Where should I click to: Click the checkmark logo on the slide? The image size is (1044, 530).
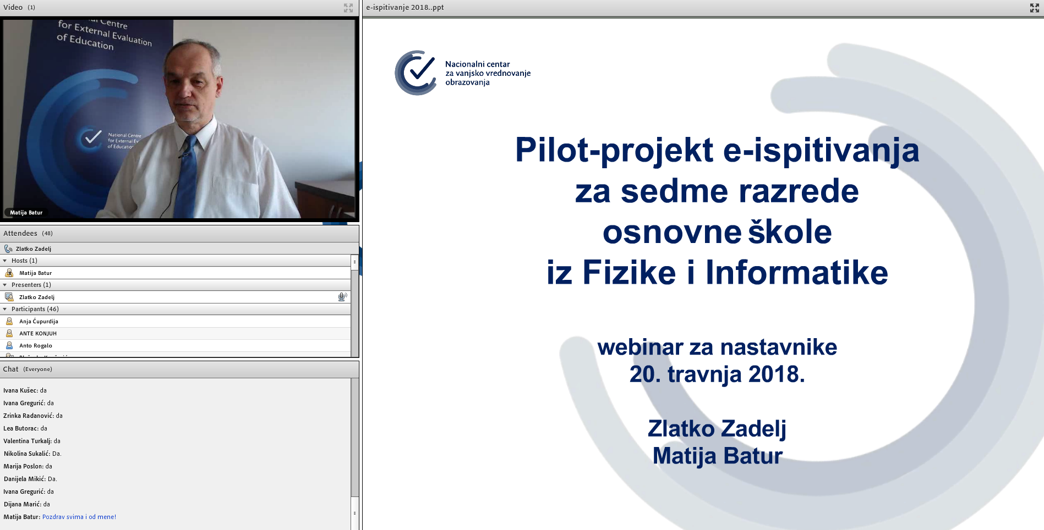coord(416,73)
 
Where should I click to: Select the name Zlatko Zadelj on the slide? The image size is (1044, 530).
coord(717,429)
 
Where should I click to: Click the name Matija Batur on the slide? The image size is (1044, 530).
coord(717,456)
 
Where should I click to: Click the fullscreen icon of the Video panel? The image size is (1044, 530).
coord(348,8)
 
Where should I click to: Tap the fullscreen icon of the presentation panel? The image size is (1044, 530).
coord(1035,8)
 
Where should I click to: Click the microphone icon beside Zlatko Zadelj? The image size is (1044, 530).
coord(342,297)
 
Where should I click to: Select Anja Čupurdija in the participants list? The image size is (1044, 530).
coord(39,321)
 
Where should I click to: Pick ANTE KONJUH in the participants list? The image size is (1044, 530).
coord(38,333)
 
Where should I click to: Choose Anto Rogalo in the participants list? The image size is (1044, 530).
coord(36,345)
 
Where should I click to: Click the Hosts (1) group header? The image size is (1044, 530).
coord(24,261)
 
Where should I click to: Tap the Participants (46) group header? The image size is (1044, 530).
coord(35,309)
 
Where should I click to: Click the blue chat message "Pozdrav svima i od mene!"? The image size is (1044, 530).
coord(79,517)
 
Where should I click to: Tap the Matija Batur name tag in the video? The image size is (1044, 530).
coord(26,212)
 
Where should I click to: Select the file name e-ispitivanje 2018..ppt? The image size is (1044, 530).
coord(405,8)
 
